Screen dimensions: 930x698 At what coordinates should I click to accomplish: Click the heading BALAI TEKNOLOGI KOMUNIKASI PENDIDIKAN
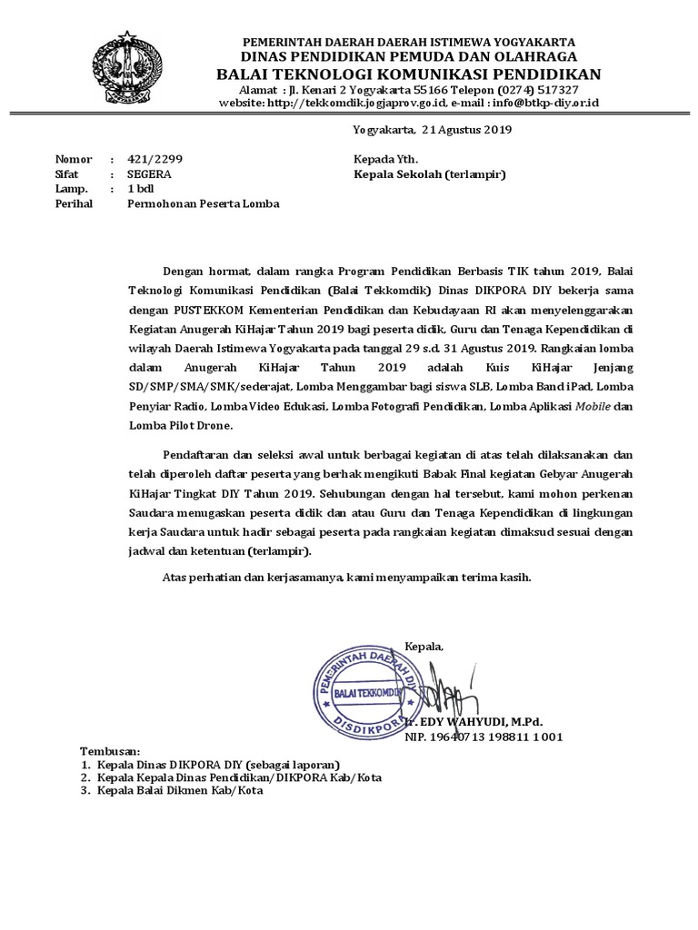(x=409, y=74)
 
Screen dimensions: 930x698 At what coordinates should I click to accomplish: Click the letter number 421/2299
(x=155, y=158)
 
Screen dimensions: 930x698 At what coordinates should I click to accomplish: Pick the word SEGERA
(x=146, y=173)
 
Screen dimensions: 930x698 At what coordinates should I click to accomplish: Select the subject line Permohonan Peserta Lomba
(x=202, y=204)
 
